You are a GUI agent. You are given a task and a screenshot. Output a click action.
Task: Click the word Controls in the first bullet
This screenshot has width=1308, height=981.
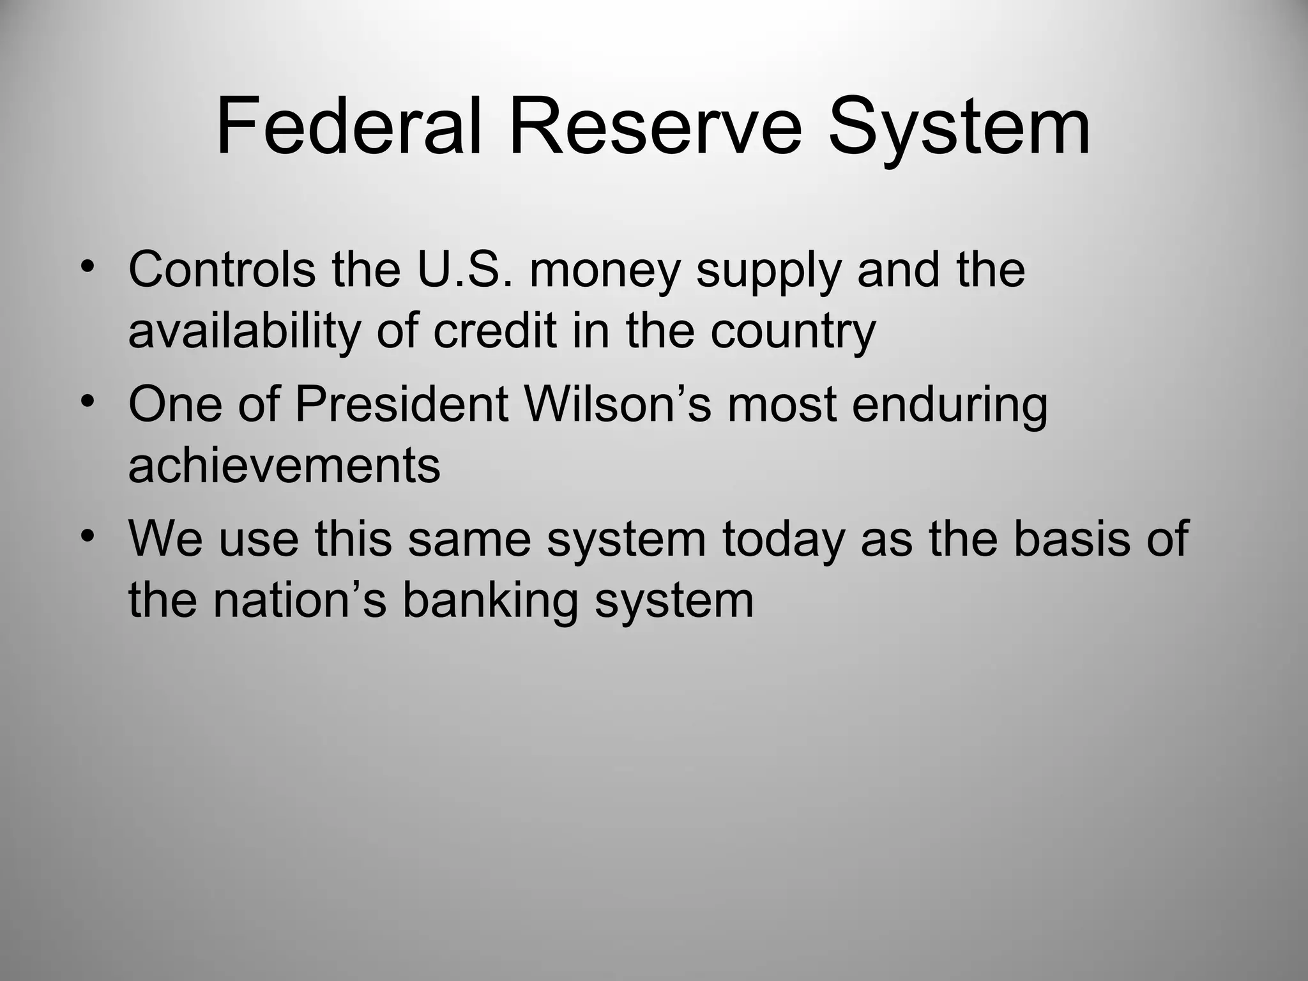click(x=222, y=270)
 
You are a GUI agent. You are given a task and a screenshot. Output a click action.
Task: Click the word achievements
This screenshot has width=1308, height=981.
click(x=284, y=466)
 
